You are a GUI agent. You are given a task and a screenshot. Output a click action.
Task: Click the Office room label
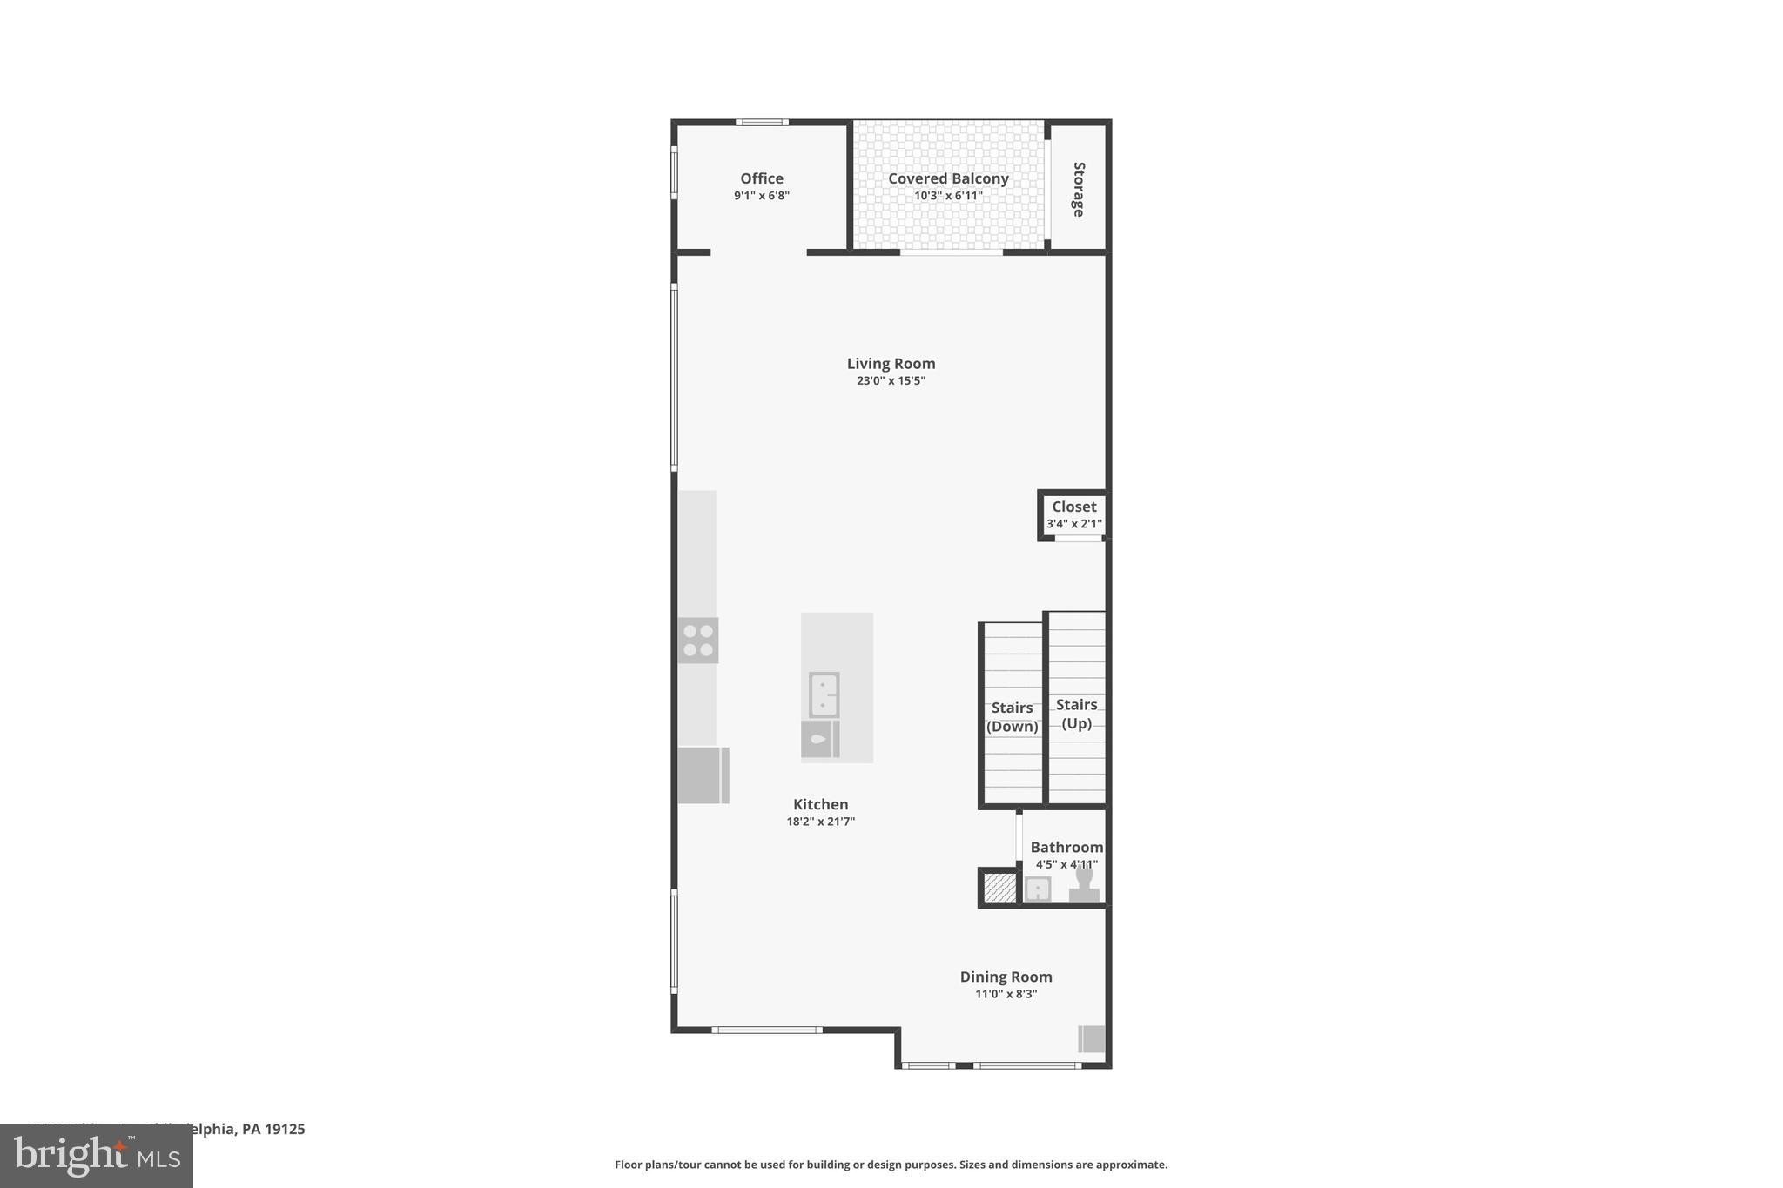[762, 178]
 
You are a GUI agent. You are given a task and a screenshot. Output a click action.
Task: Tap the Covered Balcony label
[948, 178]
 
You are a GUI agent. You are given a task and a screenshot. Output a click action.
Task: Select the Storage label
[1079, 189]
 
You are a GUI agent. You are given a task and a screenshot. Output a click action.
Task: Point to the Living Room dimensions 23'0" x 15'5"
[891, 380]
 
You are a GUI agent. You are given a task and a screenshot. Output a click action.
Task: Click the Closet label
[1073, 507]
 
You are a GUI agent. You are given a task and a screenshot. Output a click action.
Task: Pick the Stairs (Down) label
[1012, 717]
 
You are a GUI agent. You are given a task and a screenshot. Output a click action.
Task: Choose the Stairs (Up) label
[1076, 714]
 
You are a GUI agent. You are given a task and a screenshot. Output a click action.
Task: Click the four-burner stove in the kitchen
[698, 641]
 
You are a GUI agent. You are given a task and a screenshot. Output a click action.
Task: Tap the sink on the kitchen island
[824, 695]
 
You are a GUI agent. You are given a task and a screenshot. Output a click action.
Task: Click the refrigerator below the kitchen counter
[703, 775]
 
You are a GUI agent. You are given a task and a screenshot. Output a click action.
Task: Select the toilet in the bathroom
[1084, 883]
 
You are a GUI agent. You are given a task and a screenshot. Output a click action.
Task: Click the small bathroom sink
[1037, 889]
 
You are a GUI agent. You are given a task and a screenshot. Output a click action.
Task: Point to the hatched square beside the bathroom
[999, 888]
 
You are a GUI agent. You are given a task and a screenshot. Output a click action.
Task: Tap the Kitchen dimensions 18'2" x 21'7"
[820, 822]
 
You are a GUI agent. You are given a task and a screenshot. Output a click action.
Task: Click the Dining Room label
[1006, 977]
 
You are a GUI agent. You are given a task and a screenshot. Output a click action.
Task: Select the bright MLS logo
[97, 1157]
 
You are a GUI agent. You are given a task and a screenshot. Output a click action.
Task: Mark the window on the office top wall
[762, 123]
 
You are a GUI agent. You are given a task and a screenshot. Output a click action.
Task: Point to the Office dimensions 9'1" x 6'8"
[761, 196]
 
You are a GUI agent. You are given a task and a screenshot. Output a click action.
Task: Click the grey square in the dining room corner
[1092, 1038]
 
